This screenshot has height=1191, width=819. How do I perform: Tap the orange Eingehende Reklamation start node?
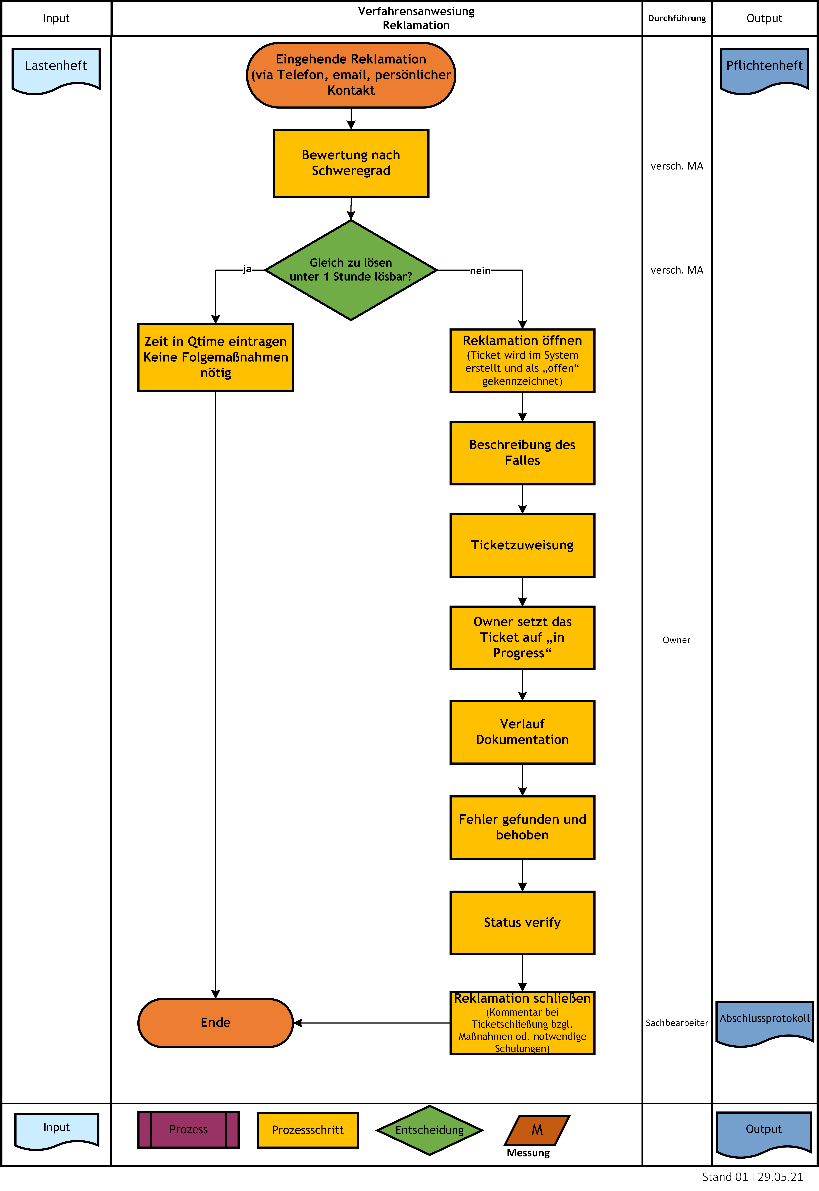(x=351, y=75)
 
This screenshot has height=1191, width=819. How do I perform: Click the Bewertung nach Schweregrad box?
(x=351, y=163)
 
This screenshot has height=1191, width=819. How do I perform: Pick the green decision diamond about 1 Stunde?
(x=351, y=270)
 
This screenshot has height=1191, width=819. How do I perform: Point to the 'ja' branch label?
(x=247, y=269)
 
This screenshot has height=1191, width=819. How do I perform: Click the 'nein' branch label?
(x=480, y=271)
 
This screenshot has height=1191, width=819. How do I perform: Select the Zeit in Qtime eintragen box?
(x=215, y=357)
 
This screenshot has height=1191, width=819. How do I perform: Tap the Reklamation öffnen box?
(x=522, y=360)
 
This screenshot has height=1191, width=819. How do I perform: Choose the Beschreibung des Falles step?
(x=522, y=453)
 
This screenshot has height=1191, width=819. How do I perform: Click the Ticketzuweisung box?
(x=522, y=545)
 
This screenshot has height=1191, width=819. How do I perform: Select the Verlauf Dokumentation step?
(x=522, y=732)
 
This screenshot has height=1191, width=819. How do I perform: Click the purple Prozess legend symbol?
(x=188, y=1129)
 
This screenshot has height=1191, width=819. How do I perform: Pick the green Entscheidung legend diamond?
(x=430, y=1130)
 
